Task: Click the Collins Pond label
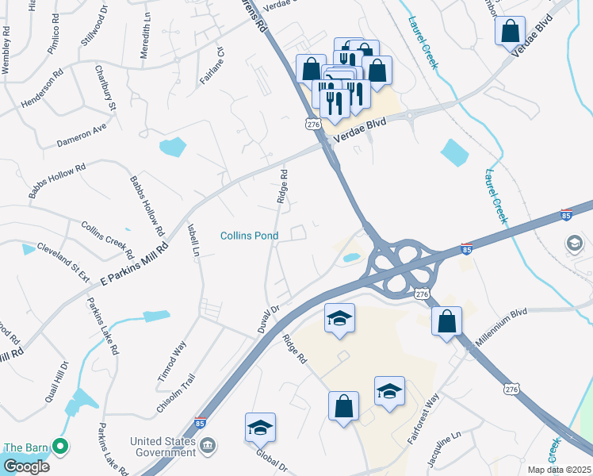tap(249, 236)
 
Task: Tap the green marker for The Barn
tap(58, 447)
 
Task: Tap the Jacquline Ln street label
tap(444, 448)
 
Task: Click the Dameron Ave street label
tap(82, 135)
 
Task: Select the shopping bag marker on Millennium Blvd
tap(447, 321)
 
